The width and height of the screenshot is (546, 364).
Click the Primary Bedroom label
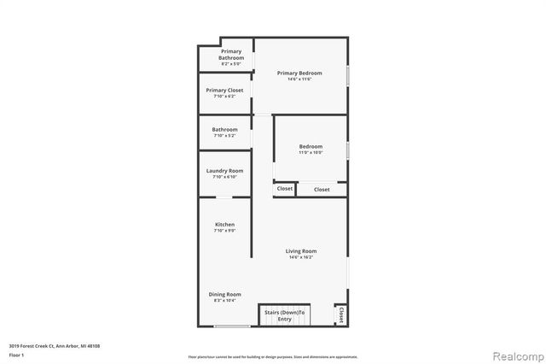tap(299, 73)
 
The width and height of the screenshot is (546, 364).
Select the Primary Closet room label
tap(224, 90)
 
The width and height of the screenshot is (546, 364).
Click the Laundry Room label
tap(224, 171)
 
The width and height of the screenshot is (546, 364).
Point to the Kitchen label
tap(224, 225)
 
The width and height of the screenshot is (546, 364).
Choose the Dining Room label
tap(225, 295)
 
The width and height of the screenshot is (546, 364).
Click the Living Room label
tap(301, 250)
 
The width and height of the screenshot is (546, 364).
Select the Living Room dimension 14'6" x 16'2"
tap(301, 256)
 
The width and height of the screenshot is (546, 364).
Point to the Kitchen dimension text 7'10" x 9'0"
tap(224, 231)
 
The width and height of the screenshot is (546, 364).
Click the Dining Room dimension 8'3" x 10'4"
tap(225, 301)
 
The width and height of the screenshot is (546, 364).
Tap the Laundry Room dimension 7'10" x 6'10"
tap(224, 177)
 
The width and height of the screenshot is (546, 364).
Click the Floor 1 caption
tap(16, 354)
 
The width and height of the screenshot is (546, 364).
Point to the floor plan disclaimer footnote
tap(272, 356)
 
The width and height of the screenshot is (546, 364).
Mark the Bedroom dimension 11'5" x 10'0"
tap(311, 152)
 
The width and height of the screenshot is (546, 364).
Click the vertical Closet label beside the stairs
tap(341, 314)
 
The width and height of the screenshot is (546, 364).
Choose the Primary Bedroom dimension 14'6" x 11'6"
tap(299, 79)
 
